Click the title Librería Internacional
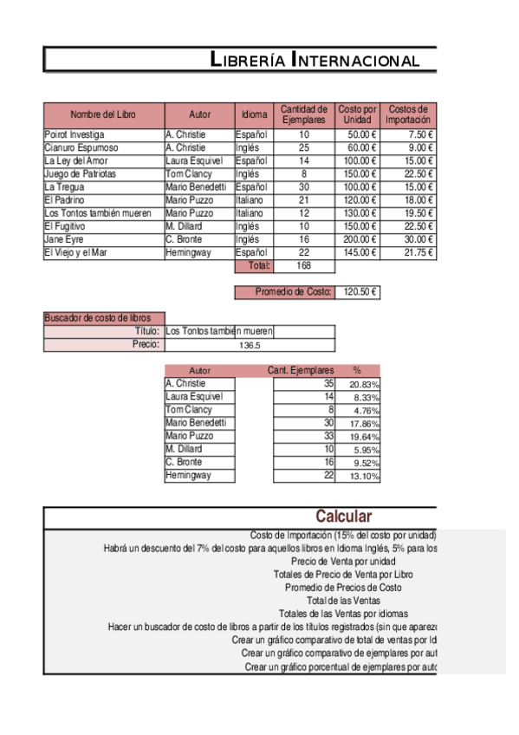point(315,60)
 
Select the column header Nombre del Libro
point(103,115)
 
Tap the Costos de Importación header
point(407,115)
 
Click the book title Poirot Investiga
point(75,135)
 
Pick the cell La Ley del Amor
point(76,161)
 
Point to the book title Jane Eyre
point(64,239)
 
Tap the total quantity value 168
point(304,266)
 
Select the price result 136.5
point(250,345)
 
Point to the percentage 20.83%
point(364,384)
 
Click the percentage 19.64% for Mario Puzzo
point(364,437)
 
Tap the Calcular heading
point(343,517)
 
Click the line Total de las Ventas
point(343,600)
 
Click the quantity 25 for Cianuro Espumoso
point(304,148)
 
